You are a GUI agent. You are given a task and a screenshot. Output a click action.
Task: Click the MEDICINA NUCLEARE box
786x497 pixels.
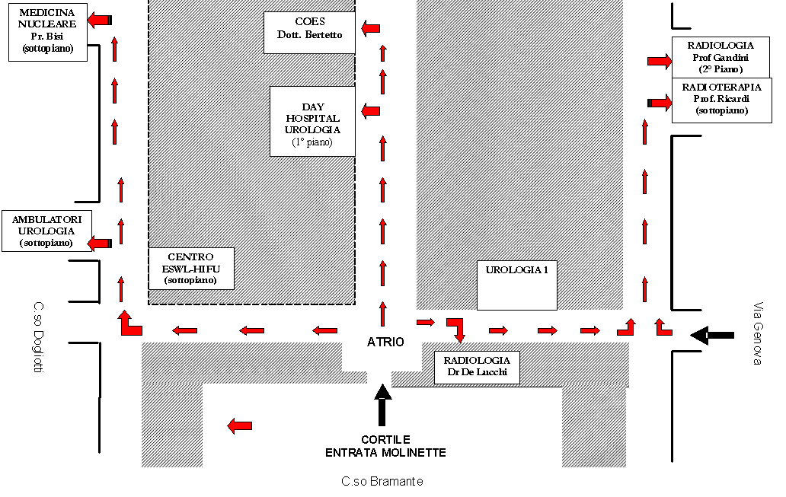pos(48,32)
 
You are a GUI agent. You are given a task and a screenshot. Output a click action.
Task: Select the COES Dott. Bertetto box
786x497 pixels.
pos(309,33)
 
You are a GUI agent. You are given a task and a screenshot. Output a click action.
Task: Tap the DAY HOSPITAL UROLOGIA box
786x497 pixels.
pos(312,121)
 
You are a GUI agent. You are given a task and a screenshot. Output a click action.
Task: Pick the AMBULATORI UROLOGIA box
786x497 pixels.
pos(46,231)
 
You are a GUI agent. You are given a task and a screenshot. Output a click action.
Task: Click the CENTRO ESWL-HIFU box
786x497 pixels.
pos(191,269)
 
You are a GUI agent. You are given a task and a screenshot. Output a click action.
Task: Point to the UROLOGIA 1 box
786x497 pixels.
pos(517,285)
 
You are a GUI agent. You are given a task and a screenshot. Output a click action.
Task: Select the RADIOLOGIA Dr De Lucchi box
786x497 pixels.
pos(477,368)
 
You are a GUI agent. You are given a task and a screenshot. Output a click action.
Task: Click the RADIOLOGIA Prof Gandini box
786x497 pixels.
pos(720,57)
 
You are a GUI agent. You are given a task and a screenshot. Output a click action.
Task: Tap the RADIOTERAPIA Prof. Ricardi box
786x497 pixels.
pos(722,100)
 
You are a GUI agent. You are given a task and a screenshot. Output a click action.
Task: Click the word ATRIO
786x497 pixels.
pos(385,342)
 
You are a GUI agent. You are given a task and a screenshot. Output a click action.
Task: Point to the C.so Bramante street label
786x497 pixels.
pos(382,482)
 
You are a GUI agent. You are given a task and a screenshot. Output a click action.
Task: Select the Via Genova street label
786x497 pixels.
pos(759,333)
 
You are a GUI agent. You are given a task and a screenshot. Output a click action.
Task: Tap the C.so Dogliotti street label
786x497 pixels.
pos(39,336)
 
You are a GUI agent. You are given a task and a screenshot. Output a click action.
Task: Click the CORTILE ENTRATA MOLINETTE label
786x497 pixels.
pos(385,446)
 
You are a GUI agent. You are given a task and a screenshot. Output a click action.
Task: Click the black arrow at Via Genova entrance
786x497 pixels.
pos(712,335)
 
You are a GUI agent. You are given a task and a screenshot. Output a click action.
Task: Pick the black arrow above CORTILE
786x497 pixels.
pos(382,405)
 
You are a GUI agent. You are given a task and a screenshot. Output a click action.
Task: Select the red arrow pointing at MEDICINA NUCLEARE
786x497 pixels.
pos(99,20)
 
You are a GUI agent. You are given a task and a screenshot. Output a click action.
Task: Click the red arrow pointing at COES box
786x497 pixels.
pos(370,29)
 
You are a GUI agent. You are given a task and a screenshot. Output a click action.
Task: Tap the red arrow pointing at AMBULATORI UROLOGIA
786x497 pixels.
pos(99,244)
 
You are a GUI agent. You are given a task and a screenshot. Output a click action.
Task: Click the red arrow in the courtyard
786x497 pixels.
pos(240,426)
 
